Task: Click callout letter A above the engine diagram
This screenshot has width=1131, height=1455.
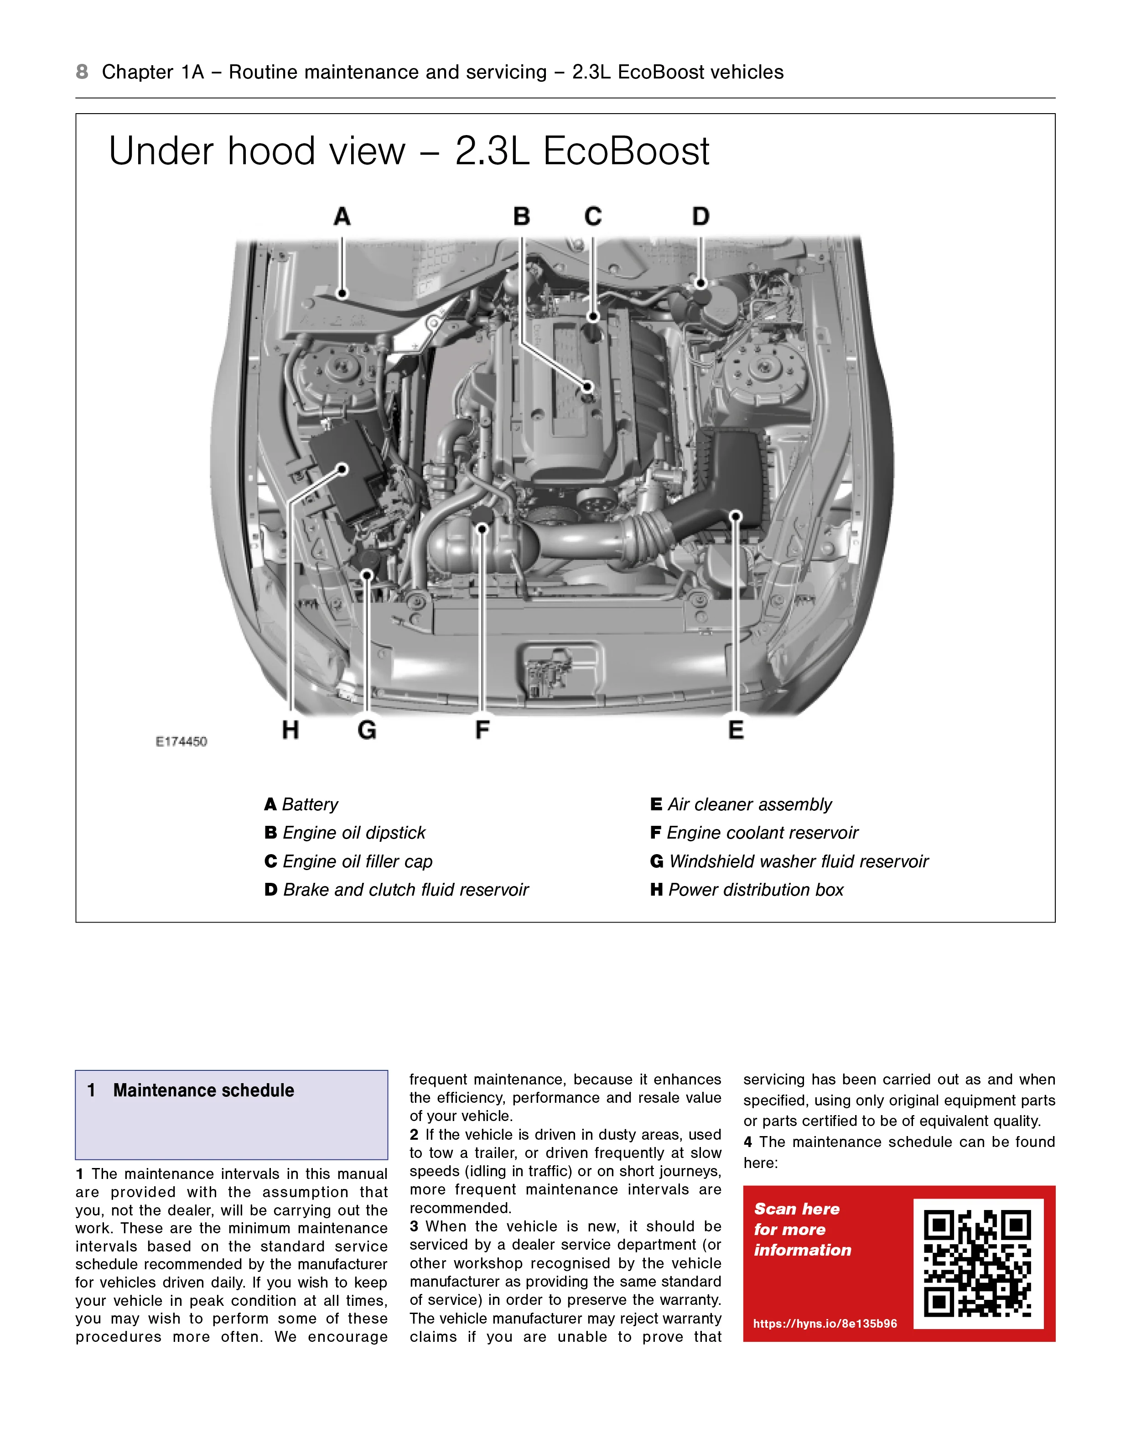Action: pyautogui.click(x=342, y=217)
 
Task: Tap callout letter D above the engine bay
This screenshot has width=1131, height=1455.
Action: pyautogui.click(x=700, y=217)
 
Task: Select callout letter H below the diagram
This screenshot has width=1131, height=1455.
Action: pyautogui.click(x=291, y=730)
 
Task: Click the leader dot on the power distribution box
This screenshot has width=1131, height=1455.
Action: pyautogui.click(x=342, y=469)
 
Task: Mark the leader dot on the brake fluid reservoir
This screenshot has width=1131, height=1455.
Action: pyautogui.click(x=700, y=283)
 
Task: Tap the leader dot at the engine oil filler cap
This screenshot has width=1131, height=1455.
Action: pyautogui.click(x=593, y=317)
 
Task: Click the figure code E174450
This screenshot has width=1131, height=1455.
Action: pyautogui.click(x=181, y=741)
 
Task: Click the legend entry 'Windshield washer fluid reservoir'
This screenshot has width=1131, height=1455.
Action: pyautogui.click(x=798, y=861)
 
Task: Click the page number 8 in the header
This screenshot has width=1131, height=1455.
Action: pyautogui.click(x=82, y=72)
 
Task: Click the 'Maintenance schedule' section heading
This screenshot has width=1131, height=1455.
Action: pyautogui.click(x=203, y=1090)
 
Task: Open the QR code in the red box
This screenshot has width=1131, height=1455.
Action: pyautogui.click(x=978, y=1263)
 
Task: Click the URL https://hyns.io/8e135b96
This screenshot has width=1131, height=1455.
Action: pyautogui.click(x=825, y=1324)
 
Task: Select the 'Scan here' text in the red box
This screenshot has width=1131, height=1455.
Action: pyautogui.click(x=797, y=1209)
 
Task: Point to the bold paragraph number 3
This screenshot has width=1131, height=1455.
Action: pyautogui.click(x=414, y=1226)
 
